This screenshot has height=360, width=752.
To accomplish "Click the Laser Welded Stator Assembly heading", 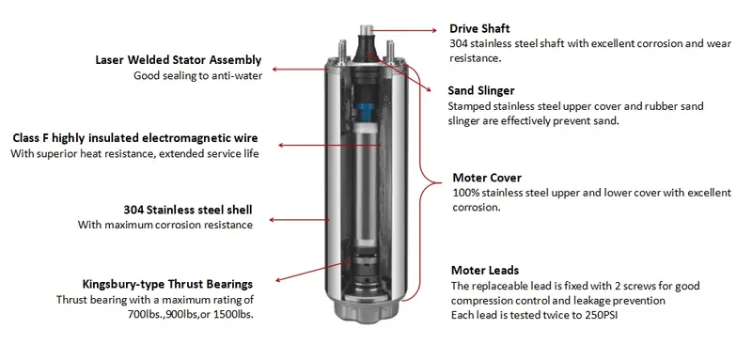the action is tap(179, 60).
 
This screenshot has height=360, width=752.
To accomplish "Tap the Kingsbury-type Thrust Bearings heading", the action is tap(167, 284).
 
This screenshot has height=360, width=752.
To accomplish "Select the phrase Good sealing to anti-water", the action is tap(197, 76).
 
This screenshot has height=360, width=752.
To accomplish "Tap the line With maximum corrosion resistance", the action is tap(165, 225).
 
